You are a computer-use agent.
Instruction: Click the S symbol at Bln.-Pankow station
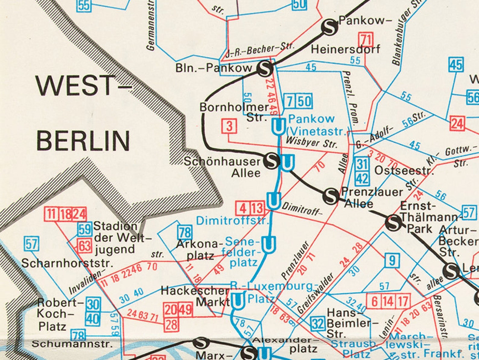[x=265, y=69]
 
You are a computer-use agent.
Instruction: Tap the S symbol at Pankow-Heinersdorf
[x=329, y=27]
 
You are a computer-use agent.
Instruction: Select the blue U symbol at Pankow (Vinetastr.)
[x=278, y=126]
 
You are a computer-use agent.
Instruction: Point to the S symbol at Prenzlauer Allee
[x=331, y=196]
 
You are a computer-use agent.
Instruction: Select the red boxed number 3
[x=229, y=126]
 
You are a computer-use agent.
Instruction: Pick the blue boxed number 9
[x=392, y=260]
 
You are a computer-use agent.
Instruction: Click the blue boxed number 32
[x=318, y=324]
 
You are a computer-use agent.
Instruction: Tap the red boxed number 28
[x=172, y=325]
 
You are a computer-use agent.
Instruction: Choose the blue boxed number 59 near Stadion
[x=85, y=230]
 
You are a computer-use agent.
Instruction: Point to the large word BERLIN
[x=83, y=141]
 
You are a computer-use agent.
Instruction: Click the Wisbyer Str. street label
[x=311, y=142]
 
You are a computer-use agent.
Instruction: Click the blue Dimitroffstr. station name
[x=232, y=221]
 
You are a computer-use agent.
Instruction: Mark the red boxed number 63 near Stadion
[x=84, y=246]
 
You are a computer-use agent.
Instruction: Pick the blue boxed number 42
[x=362, y=178]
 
